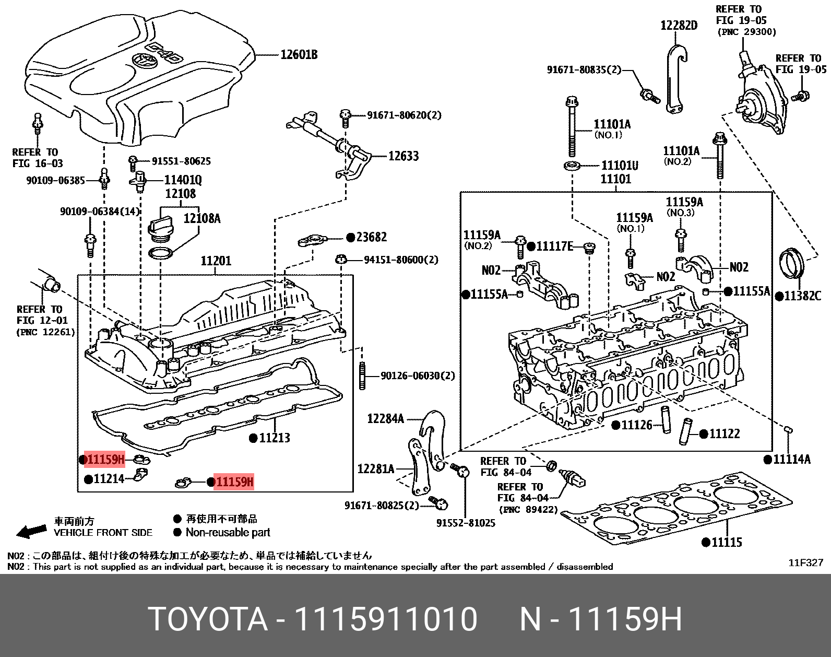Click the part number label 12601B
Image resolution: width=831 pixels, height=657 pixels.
tap(299, 54)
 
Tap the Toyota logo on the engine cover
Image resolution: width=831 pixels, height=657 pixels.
tap(141, 61)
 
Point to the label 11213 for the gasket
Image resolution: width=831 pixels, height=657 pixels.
tap(274, 438)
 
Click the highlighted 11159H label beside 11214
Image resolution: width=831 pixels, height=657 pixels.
tap(104, 460)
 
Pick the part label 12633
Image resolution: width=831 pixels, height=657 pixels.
tap(403, 156)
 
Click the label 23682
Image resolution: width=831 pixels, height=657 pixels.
tap(371, 237)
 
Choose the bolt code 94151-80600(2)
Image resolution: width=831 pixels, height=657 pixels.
tap(401, 260)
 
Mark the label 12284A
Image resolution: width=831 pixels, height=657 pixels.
tap(385, 418)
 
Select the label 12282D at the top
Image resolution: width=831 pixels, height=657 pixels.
tap(679, 25)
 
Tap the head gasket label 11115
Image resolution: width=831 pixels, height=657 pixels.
tap(727, 542)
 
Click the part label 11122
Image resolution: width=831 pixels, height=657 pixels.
tap(725, 433)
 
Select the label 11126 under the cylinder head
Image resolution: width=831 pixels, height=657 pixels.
tap(636, 425)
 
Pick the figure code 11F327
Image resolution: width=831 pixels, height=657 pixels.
tap(805, 562)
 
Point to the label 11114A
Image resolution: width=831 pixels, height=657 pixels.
tap(791, 459)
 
